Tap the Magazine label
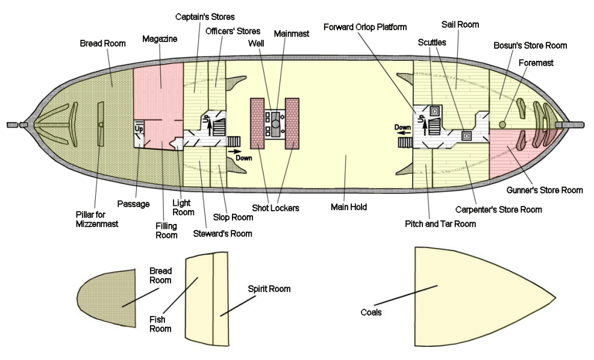pos(160,39)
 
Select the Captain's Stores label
pos(204,17)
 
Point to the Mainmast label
pos(292,34)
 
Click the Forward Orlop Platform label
pos(365,27)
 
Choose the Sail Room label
pos(460,25)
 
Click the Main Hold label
pos(349,207)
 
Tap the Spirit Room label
pos(269,289)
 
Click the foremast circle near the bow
pos(502,124)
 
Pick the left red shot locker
pos(258,123)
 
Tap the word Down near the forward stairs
pos(402,128)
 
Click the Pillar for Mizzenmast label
pos(96,219)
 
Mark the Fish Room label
pos(160,324)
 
